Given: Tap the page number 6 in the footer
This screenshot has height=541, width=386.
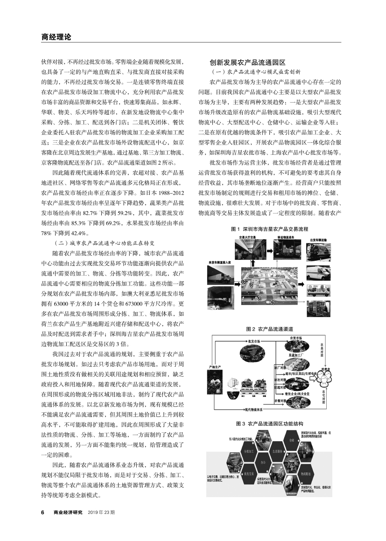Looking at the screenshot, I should pos(43,512).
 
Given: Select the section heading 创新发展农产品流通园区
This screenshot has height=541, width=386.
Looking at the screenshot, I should pos(247,62).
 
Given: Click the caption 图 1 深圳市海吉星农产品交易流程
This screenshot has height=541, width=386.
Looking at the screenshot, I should pos(270,229).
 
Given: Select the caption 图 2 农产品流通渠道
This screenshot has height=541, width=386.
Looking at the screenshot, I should pos(269,328).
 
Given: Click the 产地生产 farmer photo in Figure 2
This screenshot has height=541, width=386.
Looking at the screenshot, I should pos(215,384).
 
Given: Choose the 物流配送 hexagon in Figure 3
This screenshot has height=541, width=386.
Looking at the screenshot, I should pos(304,474).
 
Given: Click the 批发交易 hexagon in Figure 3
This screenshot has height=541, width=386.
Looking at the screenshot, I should pos(249,474).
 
